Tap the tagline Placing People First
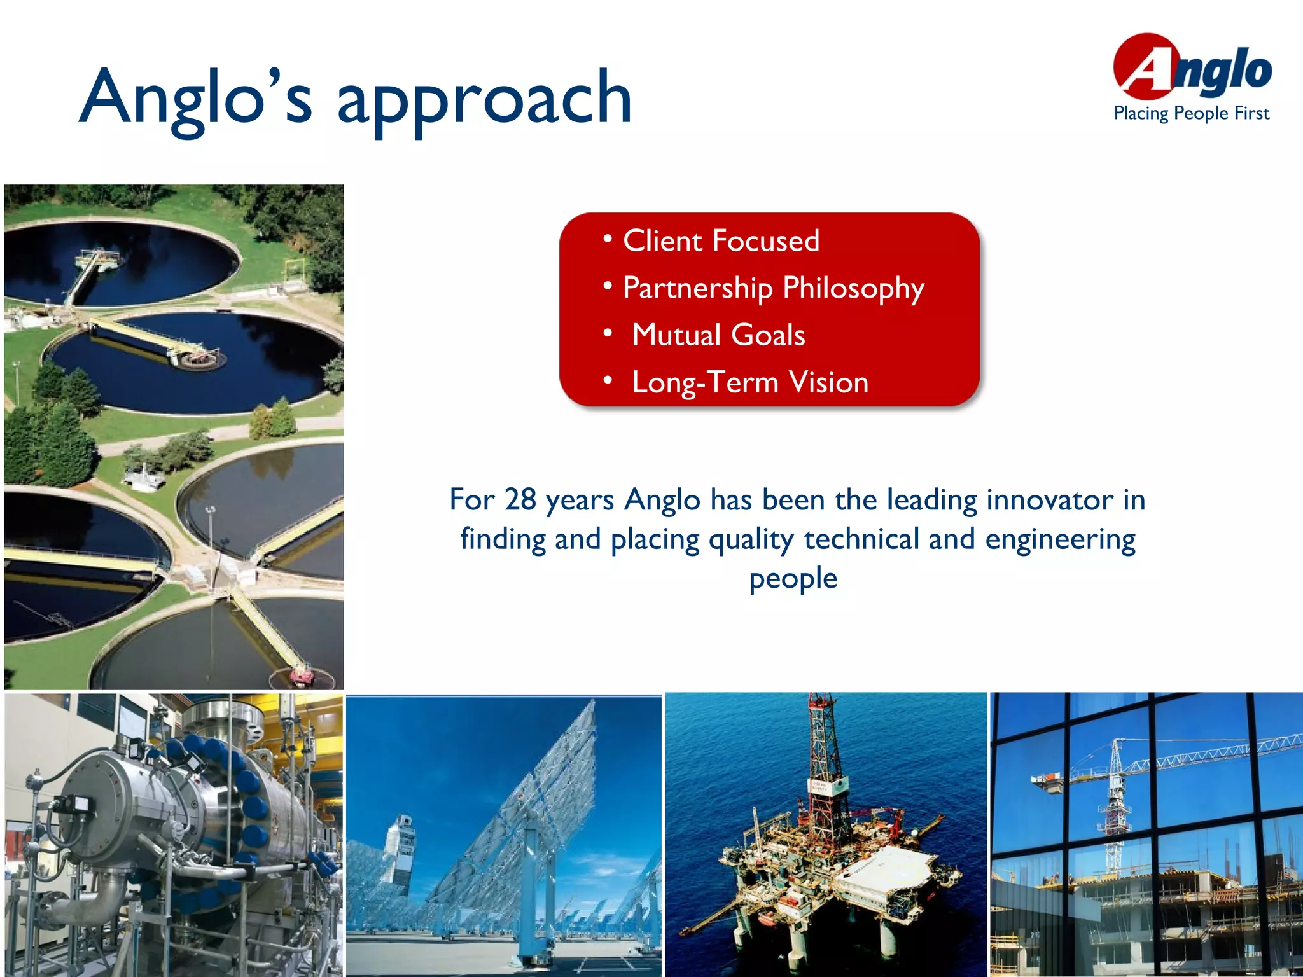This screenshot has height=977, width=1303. click(1191, 114)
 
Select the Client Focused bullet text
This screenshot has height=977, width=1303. click(721, 241)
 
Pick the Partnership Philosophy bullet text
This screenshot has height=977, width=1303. click(773, 288)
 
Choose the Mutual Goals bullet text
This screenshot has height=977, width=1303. click(718, 335)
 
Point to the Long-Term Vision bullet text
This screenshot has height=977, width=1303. click(750, 382)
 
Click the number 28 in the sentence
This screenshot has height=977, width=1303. click(520, 500)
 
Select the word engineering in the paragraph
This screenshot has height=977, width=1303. click(1060, 539)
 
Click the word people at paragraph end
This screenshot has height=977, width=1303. click(793, 579)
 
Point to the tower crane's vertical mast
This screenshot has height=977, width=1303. click(1115, 808)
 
